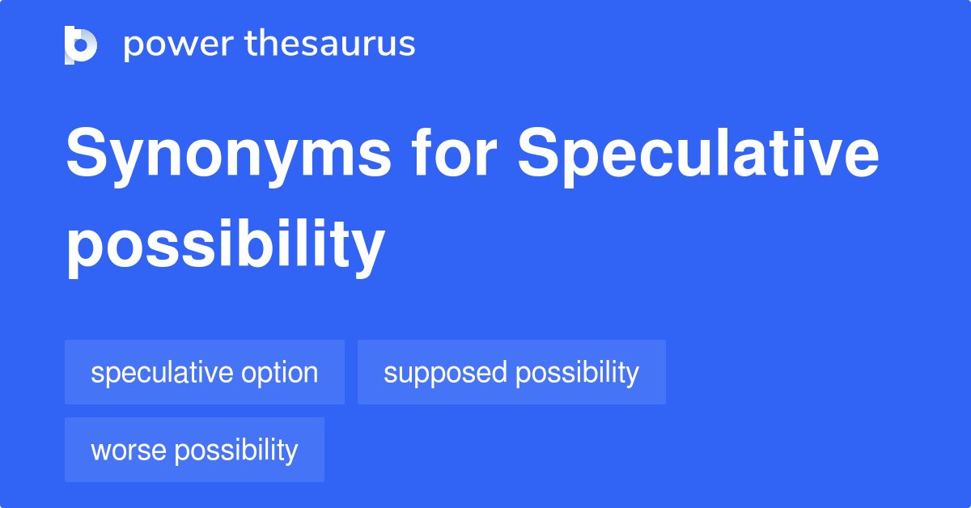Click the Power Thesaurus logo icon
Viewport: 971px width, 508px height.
pyautogui.click(x=81, y=45)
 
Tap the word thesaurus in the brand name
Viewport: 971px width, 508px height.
pyautogui.click(x=330, y=43)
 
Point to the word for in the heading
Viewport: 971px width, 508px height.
pyautogui.click(x=454, y=152)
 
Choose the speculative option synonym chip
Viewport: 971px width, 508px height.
pyautogui.click(x=205, y=372)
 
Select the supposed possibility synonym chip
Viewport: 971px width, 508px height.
pyautogui.click(x=511, y=372)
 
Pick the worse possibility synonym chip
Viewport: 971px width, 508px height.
pyautogui.click(x=194, y=450)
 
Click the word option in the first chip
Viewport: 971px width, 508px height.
pyautogui.click(x=280, y=373)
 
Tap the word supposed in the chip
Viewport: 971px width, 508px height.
pyautogui.click(x=445, y=374)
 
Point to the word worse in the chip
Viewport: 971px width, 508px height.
pyautogui.click(x=129, y=451)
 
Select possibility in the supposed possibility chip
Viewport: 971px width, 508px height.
pyautogui.click(x=578, y=373)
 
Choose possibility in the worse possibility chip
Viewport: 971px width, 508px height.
pyautogui.click(x=236, y=451)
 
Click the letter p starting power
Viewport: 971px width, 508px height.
pyautogui.click(x=133, y=48)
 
